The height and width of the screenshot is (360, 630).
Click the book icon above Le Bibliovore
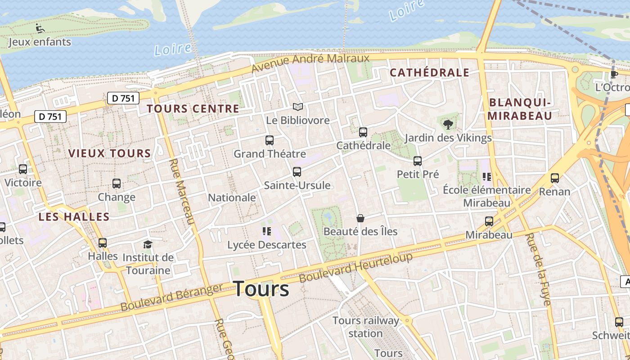click(297, 107)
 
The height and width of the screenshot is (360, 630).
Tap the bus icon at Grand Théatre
click(270, 140)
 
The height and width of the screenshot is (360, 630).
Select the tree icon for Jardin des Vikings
click(448, 124)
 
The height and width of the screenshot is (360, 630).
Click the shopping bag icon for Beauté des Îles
click(360, 218)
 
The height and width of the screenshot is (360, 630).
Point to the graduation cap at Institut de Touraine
click(148, 244)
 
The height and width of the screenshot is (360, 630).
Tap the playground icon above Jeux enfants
click(40, 28)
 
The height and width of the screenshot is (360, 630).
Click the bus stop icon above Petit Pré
click(418, 161)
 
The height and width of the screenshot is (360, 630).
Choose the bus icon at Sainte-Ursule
click(297, 171)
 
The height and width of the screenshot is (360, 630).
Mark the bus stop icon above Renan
click(555, 178)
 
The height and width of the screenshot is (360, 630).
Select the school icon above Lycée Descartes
click(266, 232)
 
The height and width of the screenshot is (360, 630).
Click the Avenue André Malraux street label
click(310, 63)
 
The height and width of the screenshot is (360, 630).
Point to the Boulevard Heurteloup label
click(355, 268)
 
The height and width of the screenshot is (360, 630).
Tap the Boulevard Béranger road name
click(172, 297)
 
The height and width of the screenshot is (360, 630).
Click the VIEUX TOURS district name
click(109, 153)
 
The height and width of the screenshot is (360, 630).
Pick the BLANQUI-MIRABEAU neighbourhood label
click(520, 109)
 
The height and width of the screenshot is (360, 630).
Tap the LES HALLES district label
click(74, 217)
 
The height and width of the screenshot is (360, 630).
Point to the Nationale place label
click(232, 198)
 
